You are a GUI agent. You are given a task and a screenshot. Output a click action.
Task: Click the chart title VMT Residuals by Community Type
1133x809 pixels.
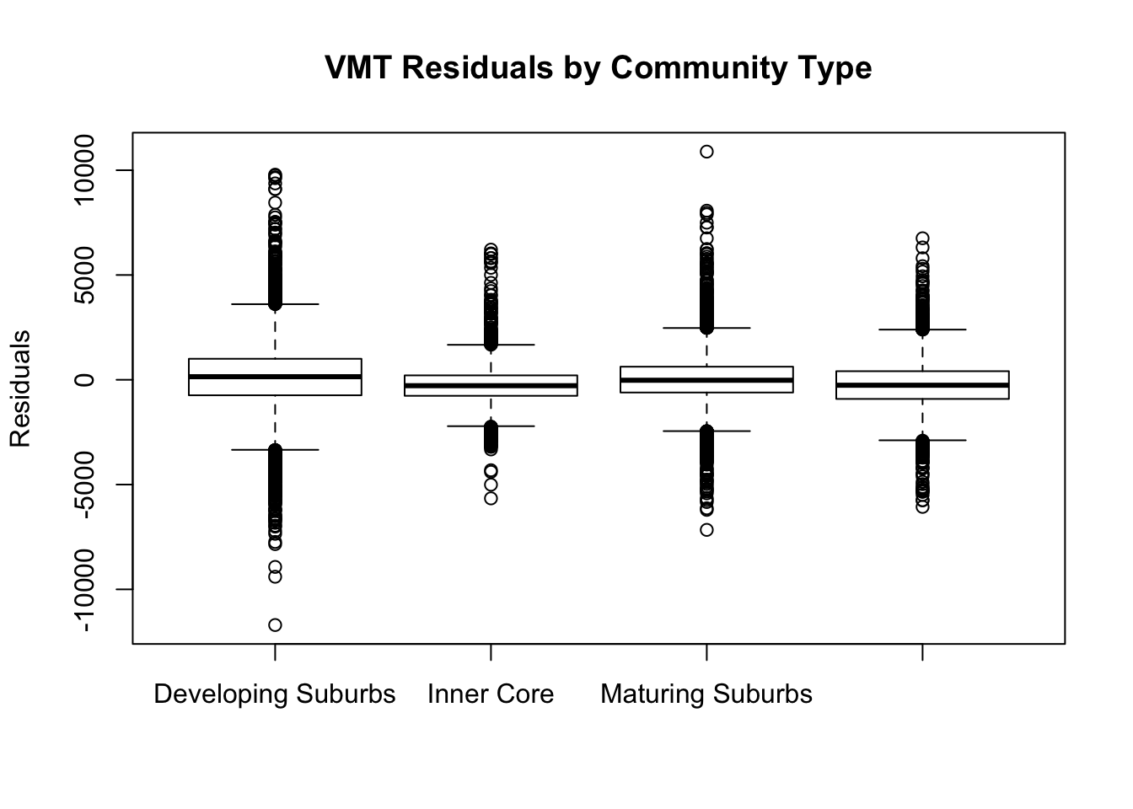598,67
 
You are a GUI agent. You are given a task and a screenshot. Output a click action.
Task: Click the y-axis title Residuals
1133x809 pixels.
20,388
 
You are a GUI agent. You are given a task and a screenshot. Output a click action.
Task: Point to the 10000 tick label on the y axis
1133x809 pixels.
83,171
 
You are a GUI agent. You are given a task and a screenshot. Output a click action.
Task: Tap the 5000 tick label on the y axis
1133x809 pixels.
83,276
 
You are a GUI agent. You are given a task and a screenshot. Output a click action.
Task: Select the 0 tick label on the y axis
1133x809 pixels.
83,380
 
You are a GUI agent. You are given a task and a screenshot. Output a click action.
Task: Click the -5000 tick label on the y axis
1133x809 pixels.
83,485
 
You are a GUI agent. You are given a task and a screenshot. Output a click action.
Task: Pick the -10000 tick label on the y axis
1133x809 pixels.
83,590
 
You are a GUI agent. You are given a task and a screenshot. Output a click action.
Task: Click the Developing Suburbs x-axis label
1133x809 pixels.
274,694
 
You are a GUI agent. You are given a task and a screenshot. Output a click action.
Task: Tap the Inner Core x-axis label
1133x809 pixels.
491,694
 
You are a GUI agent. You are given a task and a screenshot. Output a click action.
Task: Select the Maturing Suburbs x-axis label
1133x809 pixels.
706,694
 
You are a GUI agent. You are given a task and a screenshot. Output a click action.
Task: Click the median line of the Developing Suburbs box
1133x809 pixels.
275,377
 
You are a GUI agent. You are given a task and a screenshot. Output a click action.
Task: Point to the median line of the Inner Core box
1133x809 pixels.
491,386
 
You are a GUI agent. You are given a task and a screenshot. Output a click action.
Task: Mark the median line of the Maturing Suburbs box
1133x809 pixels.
706,380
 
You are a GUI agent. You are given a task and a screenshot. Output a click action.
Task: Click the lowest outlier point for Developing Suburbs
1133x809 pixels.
275,625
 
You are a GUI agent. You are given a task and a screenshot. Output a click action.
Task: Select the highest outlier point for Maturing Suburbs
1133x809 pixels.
706,152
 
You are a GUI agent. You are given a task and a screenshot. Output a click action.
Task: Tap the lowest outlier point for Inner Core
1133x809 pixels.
491,498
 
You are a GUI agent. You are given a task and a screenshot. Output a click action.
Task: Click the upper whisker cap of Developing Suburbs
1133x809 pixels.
275,304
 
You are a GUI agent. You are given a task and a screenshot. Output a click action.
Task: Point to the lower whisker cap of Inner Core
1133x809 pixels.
491,426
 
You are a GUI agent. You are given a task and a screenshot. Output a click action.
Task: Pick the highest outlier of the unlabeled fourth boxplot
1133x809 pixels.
922,238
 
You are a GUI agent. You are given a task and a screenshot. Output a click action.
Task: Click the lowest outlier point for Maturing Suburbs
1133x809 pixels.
706,530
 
